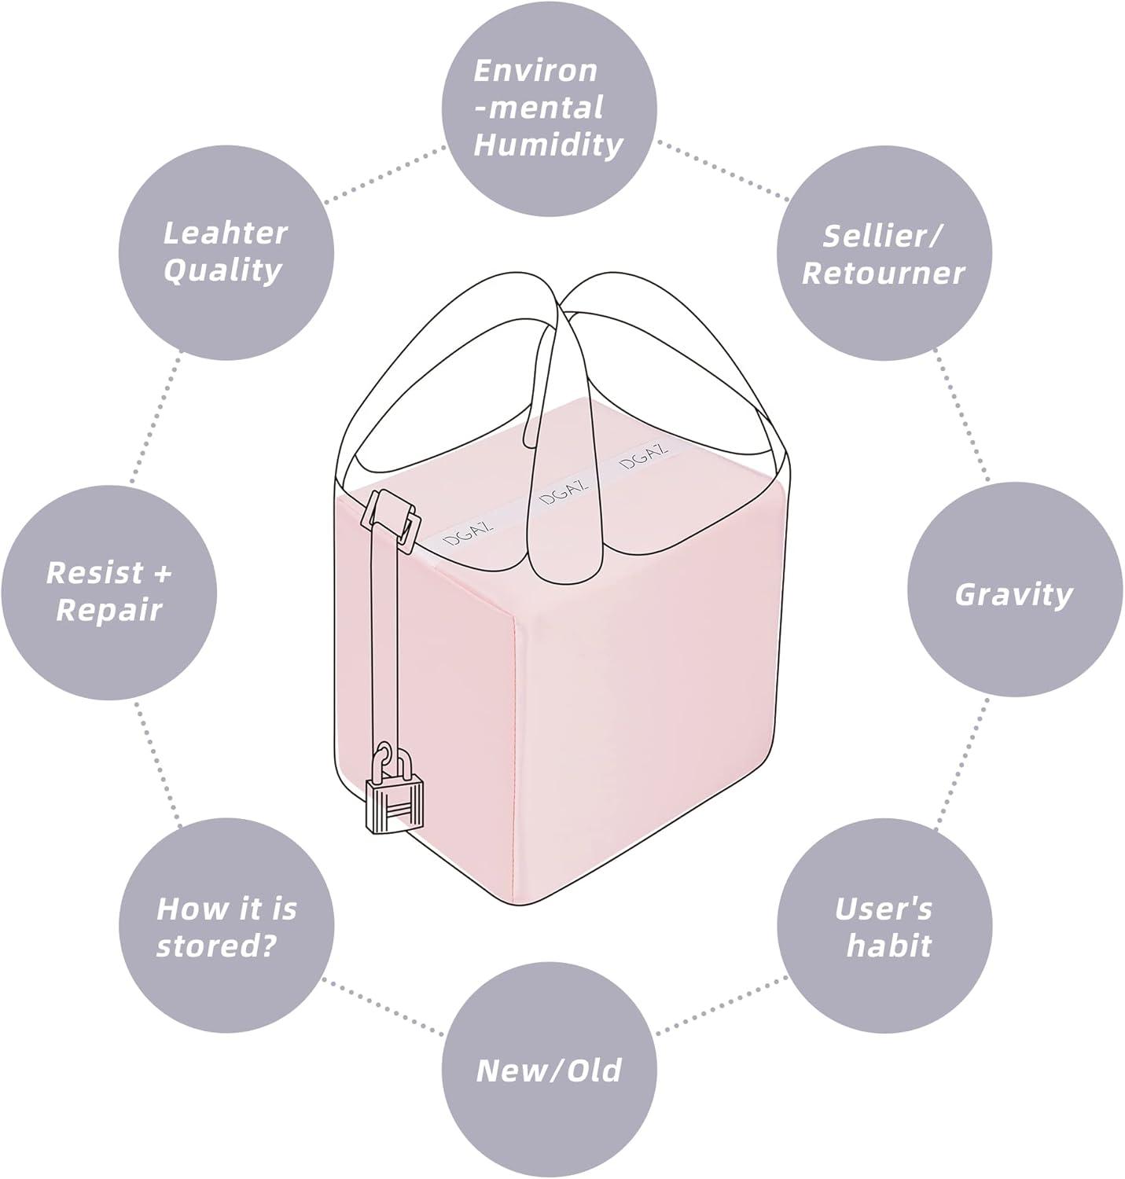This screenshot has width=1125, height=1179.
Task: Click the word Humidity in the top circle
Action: (548, 145)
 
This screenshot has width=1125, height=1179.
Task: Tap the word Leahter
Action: (226, 233)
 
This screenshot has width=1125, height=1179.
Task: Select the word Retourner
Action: (883, 273)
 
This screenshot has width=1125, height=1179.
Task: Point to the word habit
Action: (888, 946)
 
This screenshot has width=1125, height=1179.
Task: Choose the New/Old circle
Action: (549, 1071)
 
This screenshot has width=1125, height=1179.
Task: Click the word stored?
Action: (217, 946)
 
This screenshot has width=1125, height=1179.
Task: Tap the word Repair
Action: (109, 610)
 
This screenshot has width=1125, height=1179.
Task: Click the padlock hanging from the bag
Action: (394, 802)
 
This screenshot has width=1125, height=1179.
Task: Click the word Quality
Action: (223, 270)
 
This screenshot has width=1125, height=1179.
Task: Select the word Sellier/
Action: (884, 235)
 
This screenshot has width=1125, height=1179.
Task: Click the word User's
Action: (884, 909)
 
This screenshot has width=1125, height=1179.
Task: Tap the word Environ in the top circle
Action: (535, 70)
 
